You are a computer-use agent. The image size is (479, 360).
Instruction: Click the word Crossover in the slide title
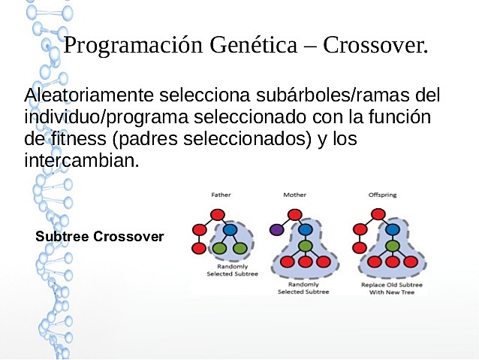click(x=375, y=46)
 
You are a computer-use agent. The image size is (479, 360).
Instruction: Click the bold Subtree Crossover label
click(x=100, y=237)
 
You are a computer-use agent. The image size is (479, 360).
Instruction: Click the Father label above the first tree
click(x=221, y=195)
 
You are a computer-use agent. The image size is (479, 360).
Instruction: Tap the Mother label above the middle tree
click(x=294, y=195)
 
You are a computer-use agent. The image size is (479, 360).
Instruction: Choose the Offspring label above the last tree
click(x=383, y=195)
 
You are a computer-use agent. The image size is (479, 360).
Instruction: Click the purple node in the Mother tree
click(x=277, y=229)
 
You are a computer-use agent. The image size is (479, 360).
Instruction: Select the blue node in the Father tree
click(x=230, y=229)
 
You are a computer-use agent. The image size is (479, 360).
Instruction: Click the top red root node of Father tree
click(x=218, y=214)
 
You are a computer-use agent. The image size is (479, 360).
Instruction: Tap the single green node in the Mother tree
click(x=305, y=246)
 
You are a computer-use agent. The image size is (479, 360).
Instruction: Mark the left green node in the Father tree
click(x=220, y=247)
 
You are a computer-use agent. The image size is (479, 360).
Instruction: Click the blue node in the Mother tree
click(x=305, y=229)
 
